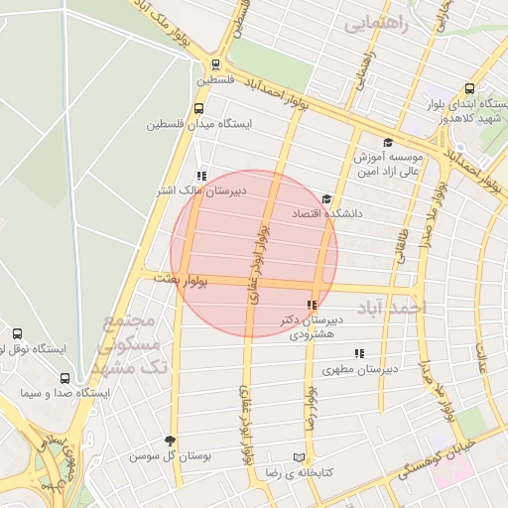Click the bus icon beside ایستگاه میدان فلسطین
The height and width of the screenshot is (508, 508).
(199, 109)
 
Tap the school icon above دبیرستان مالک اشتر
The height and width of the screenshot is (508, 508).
(201, 175)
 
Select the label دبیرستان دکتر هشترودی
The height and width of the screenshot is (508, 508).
(304, 327)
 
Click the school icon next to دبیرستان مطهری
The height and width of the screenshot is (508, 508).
(359, 353)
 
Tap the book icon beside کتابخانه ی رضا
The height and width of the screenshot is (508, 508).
(298, 457)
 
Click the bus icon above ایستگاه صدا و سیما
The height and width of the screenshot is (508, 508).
(64, 378)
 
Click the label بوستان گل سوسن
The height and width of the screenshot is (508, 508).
(171, 457)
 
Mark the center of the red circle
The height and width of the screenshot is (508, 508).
(254, 254)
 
